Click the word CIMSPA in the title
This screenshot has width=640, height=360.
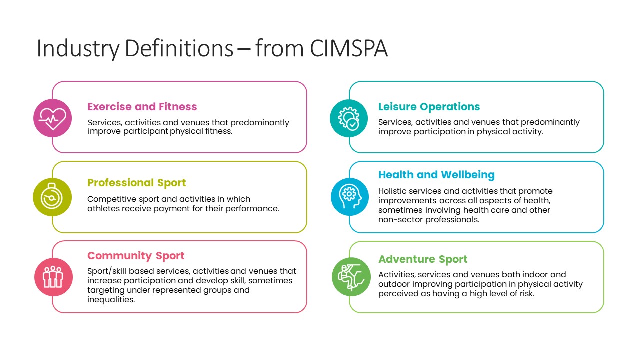(349, 48)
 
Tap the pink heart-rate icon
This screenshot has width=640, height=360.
(53, 118)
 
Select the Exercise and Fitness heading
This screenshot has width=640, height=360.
(142, 107)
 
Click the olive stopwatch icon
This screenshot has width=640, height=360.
(52, 197)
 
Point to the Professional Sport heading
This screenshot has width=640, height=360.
(137, 183)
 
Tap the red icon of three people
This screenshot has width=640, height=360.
(53, 277)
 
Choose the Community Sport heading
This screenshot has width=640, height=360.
(136, 256)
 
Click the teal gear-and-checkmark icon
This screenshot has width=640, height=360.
(349, 118)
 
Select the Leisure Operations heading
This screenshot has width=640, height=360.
(429, 107)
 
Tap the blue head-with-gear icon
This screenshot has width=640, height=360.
(350, 197)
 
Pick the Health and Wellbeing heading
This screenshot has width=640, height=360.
(436, 175)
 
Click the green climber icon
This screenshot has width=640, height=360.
(351, 277)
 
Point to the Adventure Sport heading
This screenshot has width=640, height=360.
(423, 259)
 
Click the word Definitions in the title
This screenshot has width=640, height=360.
(179, 48)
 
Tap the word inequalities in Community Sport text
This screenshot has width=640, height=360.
(111, 299)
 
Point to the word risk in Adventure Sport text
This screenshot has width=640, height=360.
(527, 293)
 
